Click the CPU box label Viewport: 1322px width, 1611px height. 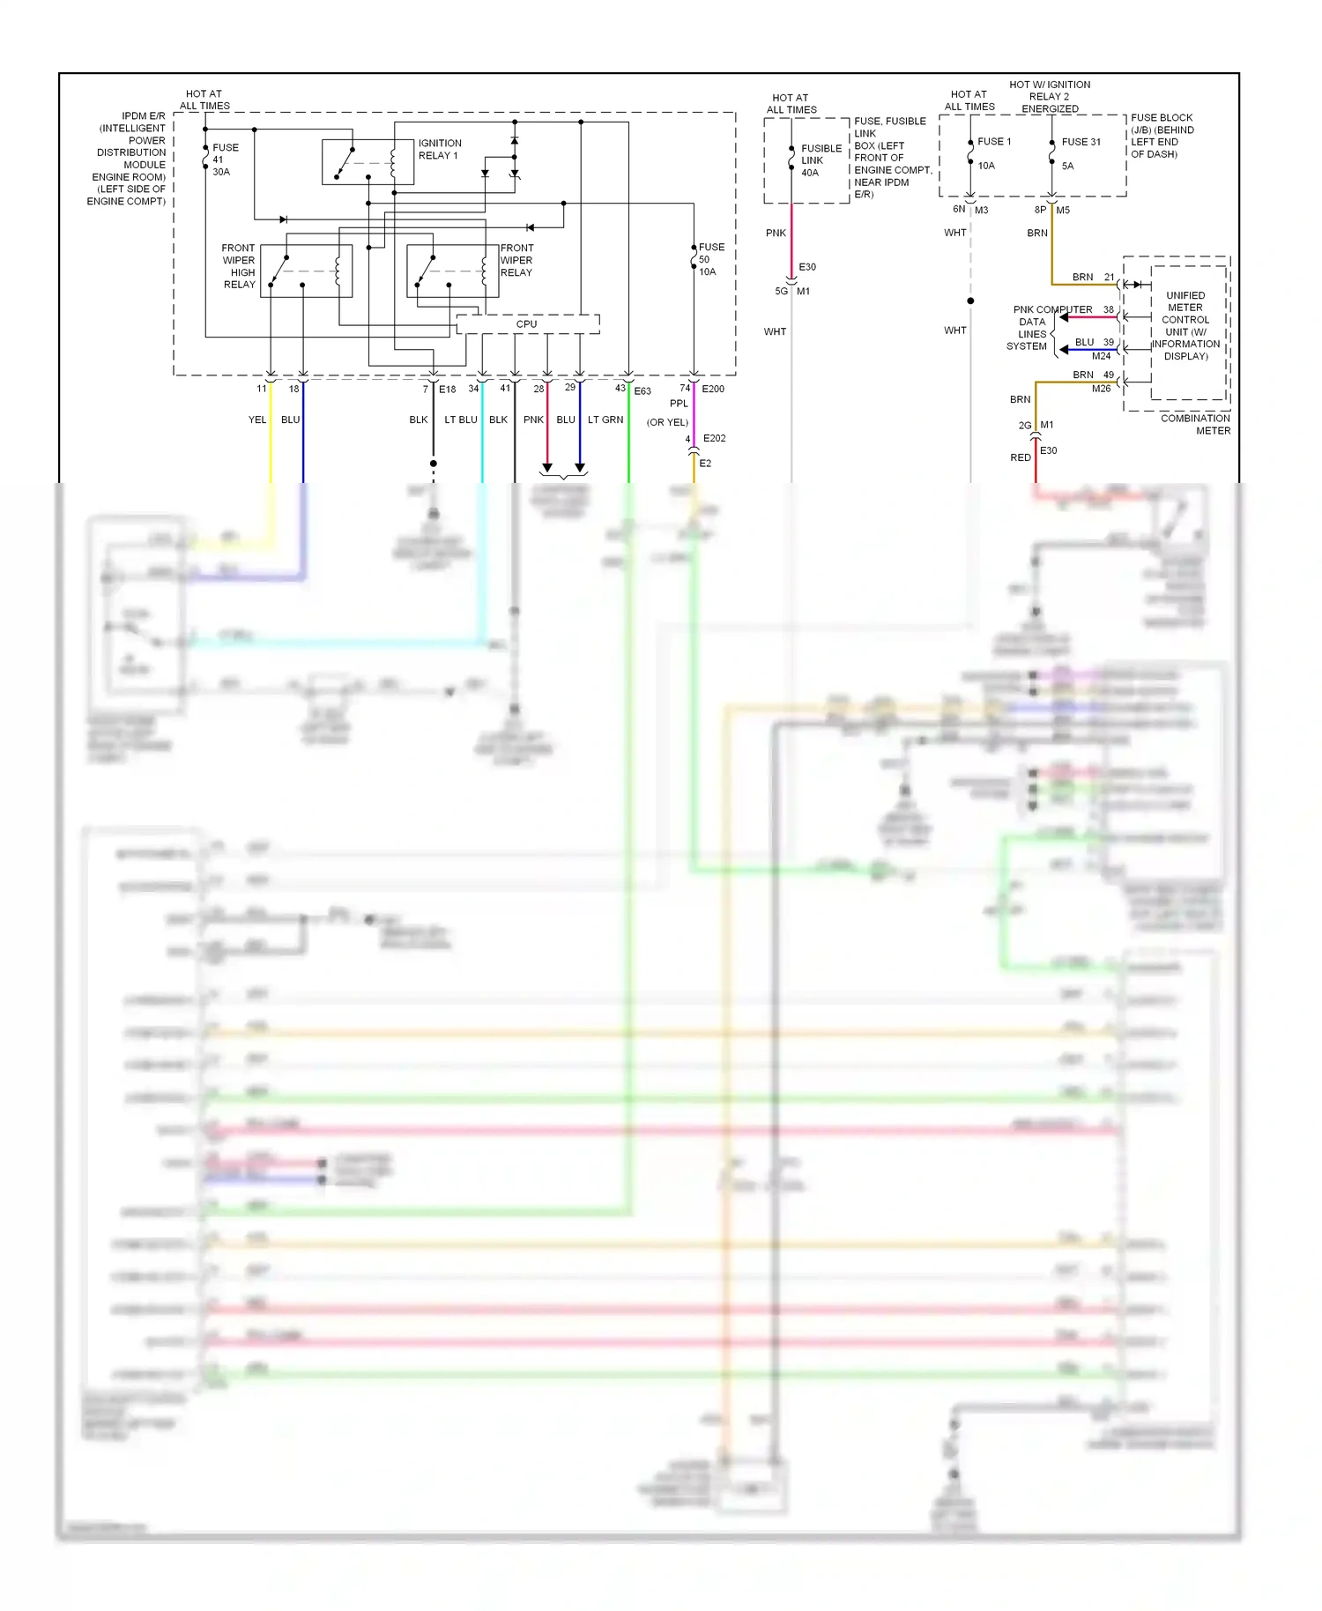pos(526,324)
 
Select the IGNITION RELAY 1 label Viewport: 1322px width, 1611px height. pos(440,149)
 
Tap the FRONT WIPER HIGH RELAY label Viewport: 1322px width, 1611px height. pos(239,266)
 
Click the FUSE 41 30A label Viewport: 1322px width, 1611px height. pos(224,160)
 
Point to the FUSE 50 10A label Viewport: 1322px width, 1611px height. pos(710,259)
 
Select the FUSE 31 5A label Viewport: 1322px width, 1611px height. pos(1080,152)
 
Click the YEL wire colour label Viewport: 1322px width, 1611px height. pos(256,419)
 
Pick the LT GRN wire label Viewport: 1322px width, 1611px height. pos(605,419)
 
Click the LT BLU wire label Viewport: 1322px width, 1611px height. pos(461,419)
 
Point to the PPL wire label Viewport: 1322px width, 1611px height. pos(679,404)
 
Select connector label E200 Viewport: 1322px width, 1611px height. pos(713,389)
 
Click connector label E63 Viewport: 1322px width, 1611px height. pos(642,390)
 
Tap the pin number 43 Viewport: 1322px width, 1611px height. pos(620,388)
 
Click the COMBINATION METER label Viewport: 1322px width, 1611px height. pos(1195,424)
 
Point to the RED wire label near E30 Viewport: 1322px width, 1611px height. pos(1020,457)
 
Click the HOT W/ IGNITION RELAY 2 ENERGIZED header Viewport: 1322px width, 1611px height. pos(1050,97)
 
